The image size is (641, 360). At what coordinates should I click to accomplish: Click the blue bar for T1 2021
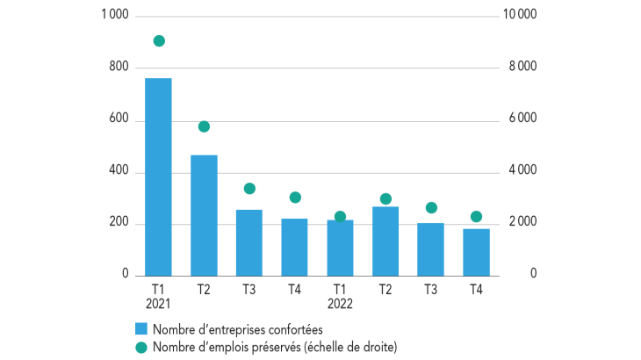[x=158, y=176]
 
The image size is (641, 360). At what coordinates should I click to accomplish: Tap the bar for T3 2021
[x=248, y=242]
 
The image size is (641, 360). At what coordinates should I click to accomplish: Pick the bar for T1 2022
[x=340, y=249]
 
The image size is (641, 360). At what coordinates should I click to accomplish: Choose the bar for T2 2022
[x=385, y=241]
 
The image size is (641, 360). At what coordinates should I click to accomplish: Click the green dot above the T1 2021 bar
[x=159, y=40]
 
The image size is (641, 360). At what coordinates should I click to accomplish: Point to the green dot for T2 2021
[x=204, y=126]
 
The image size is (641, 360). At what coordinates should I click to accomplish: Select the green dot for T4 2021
[x=295, y=198]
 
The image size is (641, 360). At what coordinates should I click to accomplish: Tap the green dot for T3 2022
[x=431, y=208]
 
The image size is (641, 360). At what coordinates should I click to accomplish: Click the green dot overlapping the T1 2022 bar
[x=340, y=217]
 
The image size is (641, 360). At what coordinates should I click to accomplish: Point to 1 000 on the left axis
[x=115, y=15]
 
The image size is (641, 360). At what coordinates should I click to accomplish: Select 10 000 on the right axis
[x=518, y=15]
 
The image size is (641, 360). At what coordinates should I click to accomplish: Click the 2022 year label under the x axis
[x=340, y=304]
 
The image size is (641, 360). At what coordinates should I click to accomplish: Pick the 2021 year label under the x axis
[x=158, y=304]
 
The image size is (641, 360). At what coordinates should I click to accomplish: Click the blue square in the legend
[x=140, y=329]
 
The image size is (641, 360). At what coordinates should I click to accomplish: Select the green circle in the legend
[x=140, y=348]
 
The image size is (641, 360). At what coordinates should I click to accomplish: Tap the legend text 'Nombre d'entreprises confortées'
[x=237, y=329]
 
